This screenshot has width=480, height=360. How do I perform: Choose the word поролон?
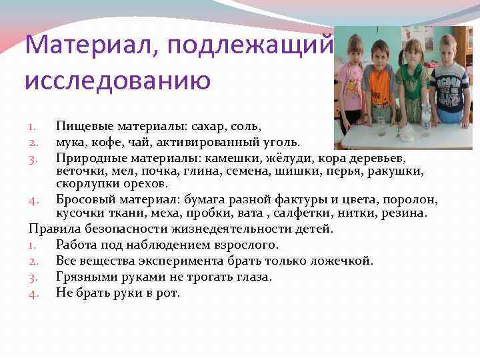[x=414, y=199]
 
